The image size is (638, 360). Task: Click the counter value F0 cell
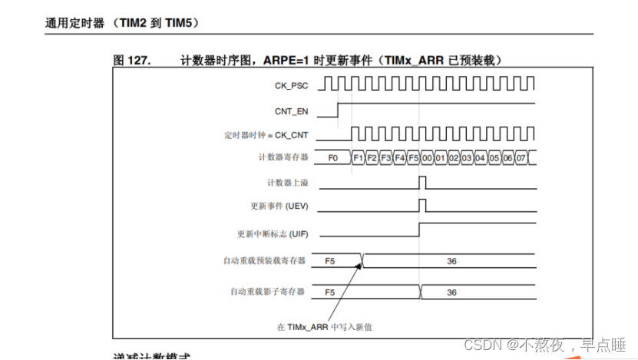[x=332, y=157]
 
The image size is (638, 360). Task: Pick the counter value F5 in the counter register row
[x=413, y=157]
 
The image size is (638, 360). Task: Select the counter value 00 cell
[x=427, y=157]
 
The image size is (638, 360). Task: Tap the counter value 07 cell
[x=521, y=157]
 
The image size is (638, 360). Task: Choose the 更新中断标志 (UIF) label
[x=273, y=234]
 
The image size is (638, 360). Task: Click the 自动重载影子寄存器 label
[x=267, y=292]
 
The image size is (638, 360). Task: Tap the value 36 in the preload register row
[x=451, y=261]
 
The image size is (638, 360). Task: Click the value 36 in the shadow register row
[x=451, y=292]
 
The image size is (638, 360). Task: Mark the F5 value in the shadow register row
[x=330, y=292]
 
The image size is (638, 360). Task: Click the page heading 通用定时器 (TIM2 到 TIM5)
[x=122, y=24]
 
